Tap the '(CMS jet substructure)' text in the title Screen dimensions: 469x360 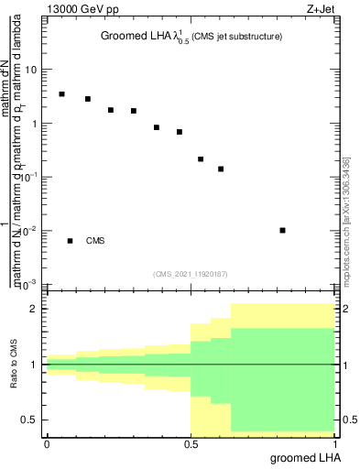235,37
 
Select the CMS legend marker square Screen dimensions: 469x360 71,241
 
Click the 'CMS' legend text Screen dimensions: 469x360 95,241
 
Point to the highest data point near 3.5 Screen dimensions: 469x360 61,94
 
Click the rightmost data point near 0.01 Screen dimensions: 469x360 283,230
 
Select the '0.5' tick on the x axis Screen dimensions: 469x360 190,444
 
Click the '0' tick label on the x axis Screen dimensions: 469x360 47,444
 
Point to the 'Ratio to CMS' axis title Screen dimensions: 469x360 14,365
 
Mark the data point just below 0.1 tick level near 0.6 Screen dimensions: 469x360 221,169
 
